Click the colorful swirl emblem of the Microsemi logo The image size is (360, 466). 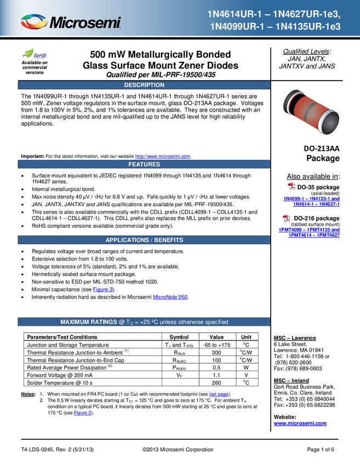(33, 22)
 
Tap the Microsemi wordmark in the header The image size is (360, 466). (85, 23)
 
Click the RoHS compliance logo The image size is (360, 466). (35, 54)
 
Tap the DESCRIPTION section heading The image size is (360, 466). (144, 85)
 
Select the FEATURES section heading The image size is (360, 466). (144, 164)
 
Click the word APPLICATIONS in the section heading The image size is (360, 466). (127, 240)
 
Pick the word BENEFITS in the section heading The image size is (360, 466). (168, 240)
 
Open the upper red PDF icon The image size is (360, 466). (292, 186)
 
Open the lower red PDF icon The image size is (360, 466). (287, 218)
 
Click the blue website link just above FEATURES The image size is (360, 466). (162, 156)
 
